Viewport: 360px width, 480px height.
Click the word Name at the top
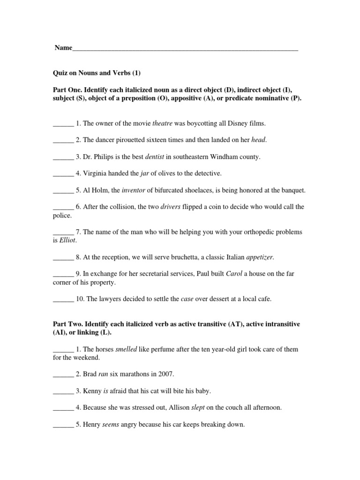pyautogui.click(x=63, y=48)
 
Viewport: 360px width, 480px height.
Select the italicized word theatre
pyautogui.click(x=163, y=123)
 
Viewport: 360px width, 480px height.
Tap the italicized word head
pyautogui.click(x=259, y=140)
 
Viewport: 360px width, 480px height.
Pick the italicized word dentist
pyautogui.click(x=155, y=157)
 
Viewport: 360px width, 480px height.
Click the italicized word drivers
pyautogui.click(x=171, y=207)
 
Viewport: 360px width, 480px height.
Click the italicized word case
pyautogui.click(x=187, y=299)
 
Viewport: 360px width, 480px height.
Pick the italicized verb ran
pyautogui.click(x=103, y=374)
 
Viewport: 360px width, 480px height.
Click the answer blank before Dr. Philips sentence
pyautogui.click(x=63, y=157)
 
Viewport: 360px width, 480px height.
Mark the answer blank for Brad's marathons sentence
pyautogui.click(x=63, y=375)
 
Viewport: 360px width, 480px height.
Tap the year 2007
pyautogui.click(x=165, y=374)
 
